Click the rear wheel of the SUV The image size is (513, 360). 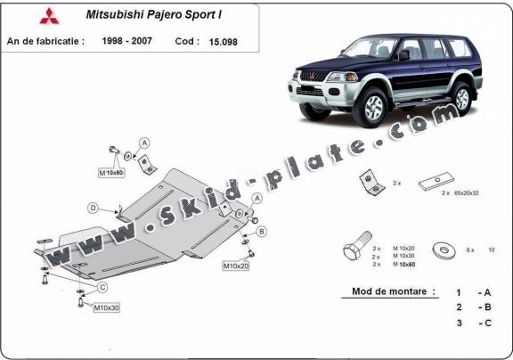[x=460, y=96]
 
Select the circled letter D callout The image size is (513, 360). [x=93, y=209]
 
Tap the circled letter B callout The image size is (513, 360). [x=262, y=232]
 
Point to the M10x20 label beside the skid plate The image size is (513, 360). [x=236, y=266]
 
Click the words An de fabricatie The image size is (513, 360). [x=45, y=41]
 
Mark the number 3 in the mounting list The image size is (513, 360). [x=458, y=323]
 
